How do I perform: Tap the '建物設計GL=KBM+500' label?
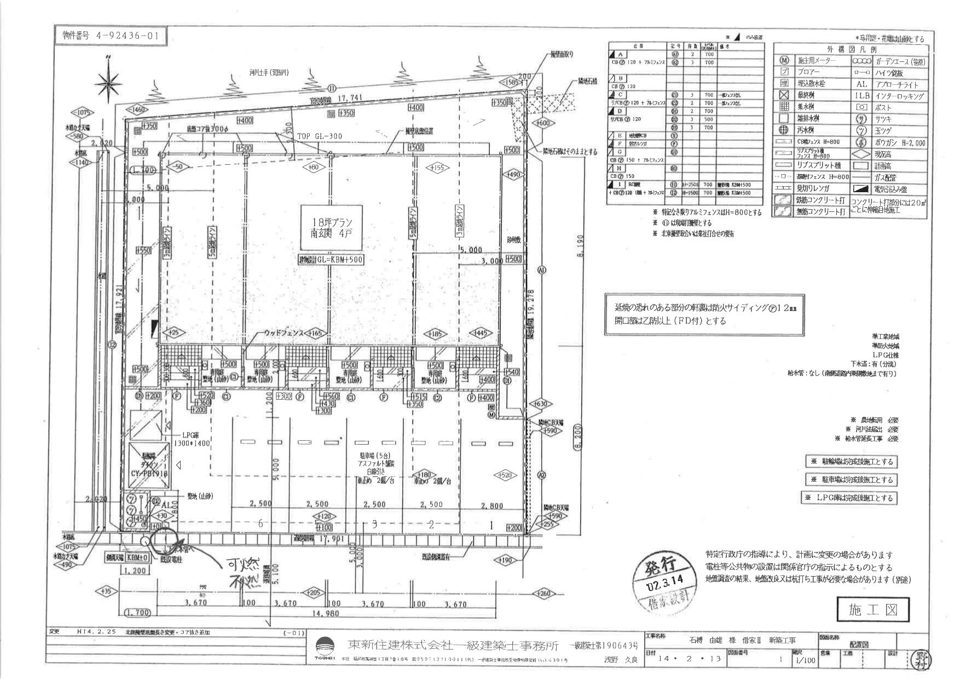pos(332,260)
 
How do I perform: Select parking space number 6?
pos(261,524)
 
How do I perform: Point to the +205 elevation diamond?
pos(314,592)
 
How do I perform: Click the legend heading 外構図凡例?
pos(850,49)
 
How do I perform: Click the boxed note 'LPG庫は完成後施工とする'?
pos(849,498)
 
